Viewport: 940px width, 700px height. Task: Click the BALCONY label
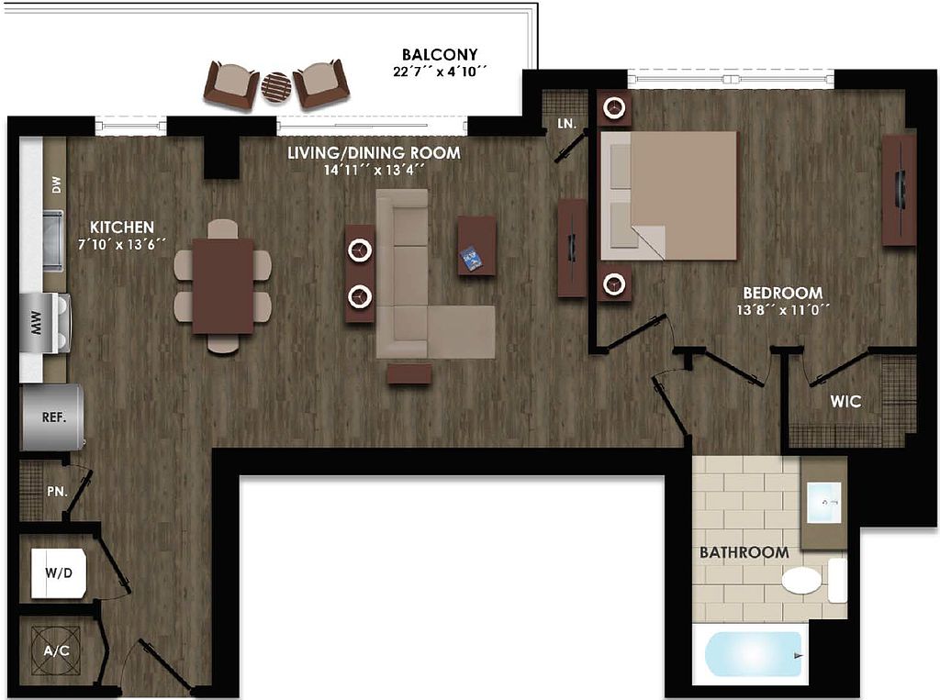point(439,54)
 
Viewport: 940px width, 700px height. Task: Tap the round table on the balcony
point(275,87)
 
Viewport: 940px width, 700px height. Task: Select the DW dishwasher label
point(56,186)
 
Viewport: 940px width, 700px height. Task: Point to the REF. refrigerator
point(52,417)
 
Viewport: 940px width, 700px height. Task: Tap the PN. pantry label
point(57,491)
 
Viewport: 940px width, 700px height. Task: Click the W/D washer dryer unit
point(58,574)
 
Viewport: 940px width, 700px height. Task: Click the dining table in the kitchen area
point(222,285)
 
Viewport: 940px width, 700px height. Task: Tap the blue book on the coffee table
point(472,259)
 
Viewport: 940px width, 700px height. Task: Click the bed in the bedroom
point(669,194)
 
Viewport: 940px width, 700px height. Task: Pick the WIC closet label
point(845,402)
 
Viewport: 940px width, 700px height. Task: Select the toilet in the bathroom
point(802,581)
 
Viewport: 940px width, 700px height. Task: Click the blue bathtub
point(754,655)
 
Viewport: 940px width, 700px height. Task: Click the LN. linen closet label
point(565,122)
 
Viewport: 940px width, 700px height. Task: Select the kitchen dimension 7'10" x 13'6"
point(121,243)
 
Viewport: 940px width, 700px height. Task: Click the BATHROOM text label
point(744,553)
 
